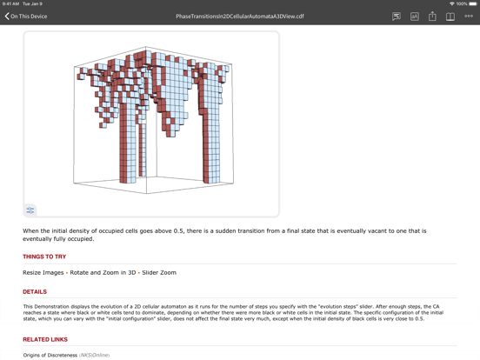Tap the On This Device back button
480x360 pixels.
[26, 17]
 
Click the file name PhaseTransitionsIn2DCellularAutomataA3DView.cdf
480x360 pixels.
[240, 17]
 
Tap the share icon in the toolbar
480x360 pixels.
[432, 17]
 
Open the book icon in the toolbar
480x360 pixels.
[450, 17]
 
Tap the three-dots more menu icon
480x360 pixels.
[469, 17]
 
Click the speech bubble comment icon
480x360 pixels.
[397, 17]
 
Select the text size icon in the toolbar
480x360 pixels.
[415, 17]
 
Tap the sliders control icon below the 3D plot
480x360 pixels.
[30, 210]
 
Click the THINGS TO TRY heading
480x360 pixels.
[44, 257]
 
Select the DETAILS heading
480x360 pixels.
[35, 291]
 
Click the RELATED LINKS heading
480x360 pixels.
[45, 339]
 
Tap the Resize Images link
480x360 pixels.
[43, 272]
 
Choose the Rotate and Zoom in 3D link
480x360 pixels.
[103, 272]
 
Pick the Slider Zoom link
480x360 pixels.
[159, 272]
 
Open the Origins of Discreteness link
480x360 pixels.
[50, 355]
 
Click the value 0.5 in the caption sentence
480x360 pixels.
[178, 230]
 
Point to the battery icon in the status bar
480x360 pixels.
[473, 3]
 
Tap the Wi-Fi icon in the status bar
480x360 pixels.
[452, 3]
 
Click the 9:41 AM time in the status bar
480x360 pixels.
[10, 3]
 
